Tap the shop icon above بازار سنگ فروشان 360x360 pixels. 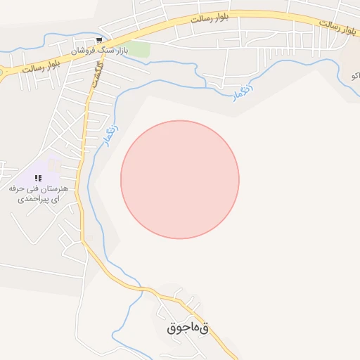click(x=100, y=39)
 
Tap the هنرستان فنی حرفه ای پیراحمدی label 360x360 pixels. click(x=37, y=194)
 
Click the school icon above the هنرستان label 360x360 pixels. click(x=38, y=179)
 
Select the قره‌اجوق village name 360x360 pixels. click(x=188, y=328)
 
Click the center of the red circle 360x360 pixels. click(x=180, y=179)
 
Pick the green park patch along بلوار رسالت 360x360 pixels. click(x=139, y=50)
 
